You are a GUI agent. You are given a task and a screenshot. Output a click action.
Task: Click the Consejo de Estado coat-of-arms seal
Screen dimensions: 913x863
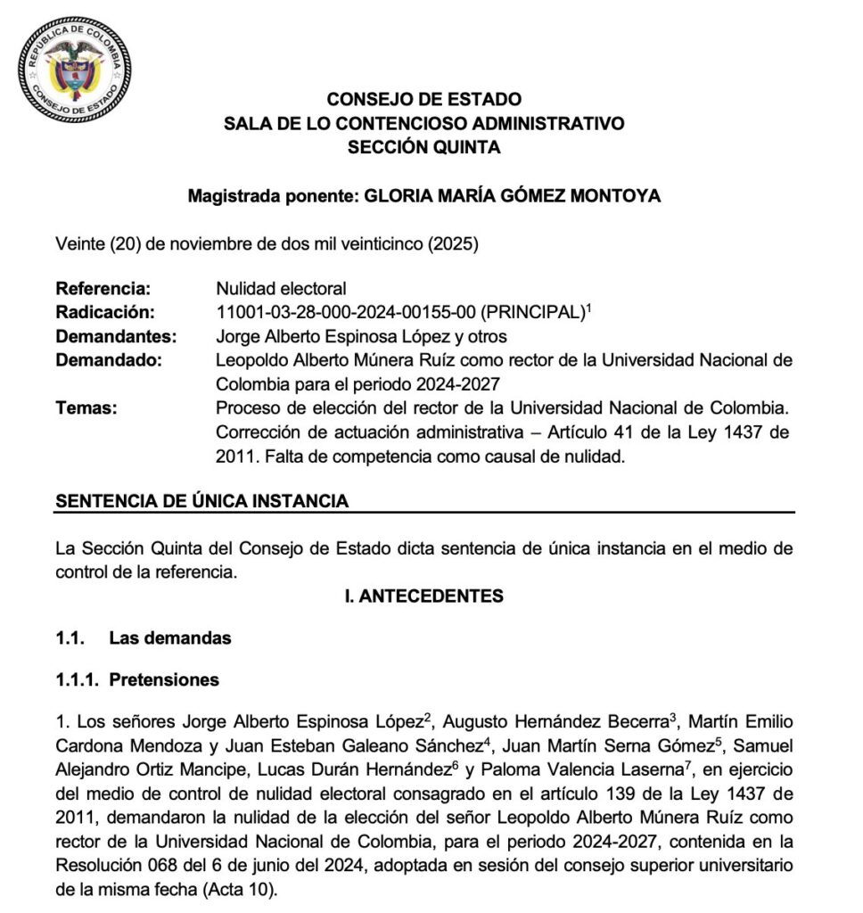pyautogui.click(x=74, y=73)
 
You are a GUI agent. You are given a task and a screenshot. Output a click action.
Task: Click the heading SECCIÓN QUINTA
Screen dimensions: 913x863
pyautogui.click(x=423, y=147)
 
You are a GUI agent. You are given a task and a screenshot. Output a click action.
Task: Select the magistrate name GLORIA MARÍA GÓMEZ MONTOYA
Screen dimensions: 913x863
pyautogui.click(x=513, y=196)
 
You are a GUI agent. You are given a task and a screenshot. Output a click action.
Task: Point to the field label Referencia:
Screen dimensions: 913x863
pyautogui.click(x=103, y=288)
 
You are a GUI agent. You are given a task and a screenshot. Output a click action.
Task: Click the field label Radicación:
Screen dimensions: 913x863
pyautogui.click(x=105, y=312)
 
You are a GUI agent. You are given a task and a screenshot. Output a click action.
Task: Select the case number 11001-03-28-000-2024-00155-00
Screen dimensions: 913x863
pyautogui.click(x=346, y=312)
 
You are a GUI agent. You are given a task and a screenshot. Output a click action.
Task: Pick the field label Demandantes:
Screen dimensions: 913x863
pyautogui.click(x=116, y=336)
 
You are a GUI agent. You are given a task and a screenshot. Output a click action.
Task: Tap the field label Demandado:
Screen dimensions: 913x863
pyautogui.click(x=109, y=360)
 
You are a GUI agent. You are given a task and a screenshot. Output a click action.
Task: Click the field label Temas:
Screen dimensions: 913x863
pyautogui.click(x=86, y=408)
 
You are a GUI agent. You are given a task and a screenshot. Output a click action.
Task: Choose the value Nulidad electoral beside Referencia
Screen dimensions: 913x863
pyautogui.click(x=281, y=288)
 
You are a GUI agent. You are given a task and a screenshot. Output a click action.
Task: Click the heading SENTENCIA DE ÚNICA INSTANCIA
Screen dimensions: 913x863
pyautogui.click(x=202, y=501)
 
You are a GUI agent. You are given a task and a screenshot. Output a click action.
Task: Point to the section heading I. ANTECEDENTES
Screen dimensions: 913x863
pyautogui.click(x=423, y=596)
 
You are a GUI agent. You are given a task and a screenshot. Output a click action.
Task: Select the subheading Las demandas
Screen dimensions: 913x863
pyautogui.click(x=170, y=637)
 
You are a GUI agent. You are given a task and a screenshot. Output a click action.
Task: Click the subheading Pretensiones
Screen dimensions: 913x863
pyautogui.click(x=164, y=679)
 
